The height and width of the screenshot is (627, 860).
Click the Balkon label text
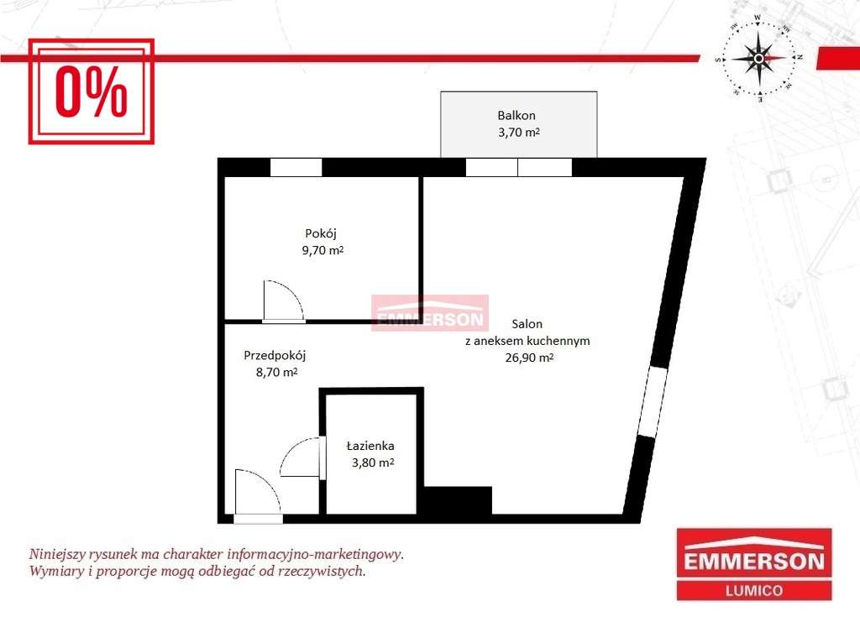click(517, 116)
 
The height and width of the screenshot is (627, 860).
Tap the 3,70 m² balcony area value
click(519, 132)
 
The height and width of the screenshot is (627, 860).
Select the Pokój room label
click(321, 234)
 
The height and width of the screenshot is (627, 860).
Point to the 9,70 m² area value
click(322, 250)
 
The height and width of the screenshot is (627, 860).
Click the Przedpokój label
click(275, 356)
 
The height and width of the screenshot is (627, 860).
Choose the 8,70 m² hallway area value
click(276, 372)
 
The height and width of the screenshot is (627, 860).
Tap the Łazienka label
click(370, 446)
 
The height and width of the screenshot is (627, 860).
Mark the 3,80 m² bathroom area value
click(373, 462)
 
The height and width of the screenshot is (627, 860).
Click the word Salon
click(527, 324)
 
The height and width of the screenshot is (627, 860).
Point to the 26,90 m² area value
click(529, 358)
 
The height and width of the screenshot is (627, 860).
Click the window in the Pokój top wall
click(296, 167)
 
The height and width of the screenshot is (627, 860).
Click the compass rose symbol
click(758, 58)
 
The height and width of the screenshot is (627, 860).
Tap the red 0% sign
click(91, 91)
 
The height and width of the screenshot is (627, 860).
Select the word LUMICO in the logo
click(754, 591)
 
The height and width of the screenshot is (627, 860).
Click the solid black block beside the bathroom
click(458, 501)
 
